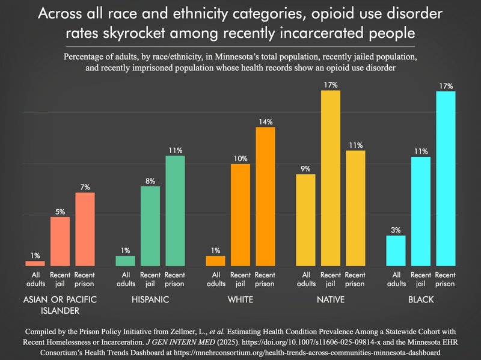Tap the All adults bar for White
(215, 261)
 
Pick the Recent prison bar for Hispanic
(175, 211)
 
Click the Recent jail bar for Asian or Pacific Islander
(60, 241)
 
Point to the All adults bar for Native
(305, 220)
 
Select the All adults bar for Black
(396, 251)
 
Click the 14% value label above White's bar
(265, 121)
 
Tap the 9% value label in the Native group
(305, 169)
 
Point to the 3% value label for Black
(396, 230)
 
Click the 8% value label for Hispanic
(150, 181)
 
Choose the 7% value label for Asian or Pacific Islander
(85, 187)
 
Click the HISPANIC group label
(150, 299)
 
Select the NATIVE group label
(330, 299)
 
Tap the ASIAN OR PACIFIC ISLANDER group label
(60, 305)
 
